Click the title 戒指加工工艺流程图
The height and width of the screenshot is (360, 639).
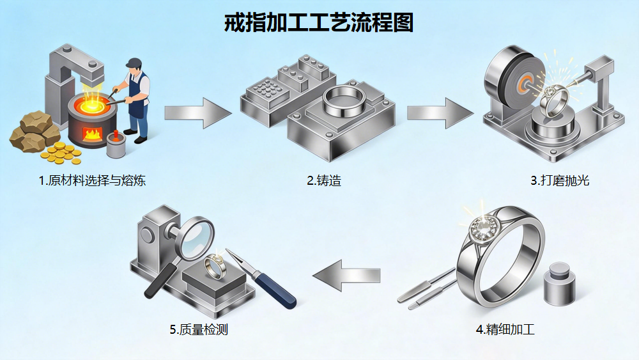point(319,22)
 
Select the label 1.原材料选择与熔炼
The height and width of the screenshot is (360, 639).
point(93,181)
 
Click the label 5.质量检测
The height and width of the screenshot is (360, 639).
point(199,330)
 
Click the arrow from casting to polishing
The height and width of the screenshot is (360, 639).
point(440,113)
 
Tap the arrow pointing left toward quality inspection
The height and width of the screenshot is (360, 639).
point(347,276)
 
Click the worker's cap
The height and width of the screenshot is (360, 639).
point(133,62)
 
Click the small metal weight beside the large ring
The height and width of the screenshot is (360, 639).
point(559,281)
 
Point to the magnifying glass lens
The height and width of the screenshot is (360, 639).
point(194,236)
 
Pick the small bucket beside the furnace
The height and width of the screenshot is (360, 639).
point(116,146)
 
